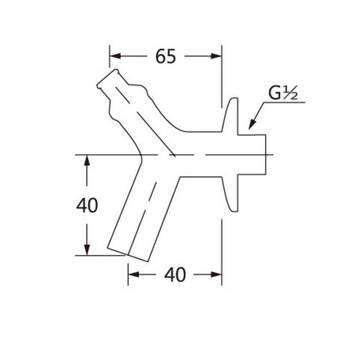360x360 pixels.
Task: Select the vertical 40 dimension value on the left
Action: pos(87,205)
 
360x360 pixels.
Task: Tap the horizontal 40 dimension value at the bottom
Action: pos(175,274)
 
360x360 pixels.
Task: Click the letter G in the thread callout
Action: pos(275,93)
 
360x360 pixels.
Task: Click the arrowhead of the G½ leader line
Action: pos(251,125)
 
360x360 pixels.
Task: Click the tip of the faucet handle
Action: pos(107,79)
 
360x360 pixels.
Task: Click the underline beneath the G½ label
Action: pos(287,102)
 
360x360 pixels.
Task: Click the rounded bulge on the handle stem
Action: pos(138,90)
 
